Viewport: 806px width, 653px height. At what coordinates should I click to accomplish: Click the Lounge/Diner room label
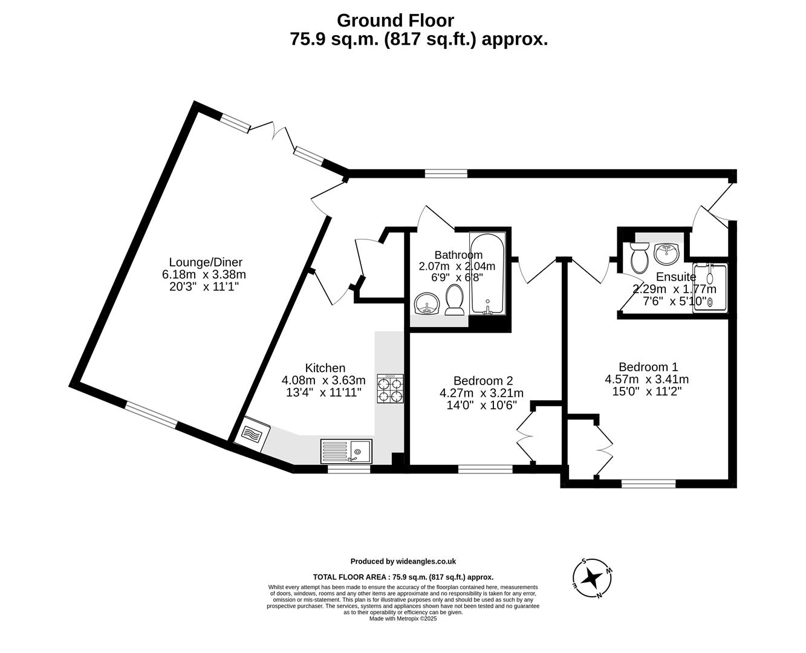(x=205, y=262)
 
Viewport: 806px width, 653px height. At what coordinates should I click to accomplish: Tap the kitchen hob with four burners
(x=390, y=389)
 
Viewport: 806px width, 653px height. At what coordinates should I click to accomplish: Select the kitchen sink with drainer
(x=347, y=451)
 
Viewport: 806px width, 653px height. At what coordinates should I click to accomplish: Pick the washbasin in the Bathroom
(x=427, y=304)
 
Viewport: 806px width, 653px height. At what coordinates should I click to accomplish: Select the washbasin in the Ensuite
(x=668, y=253)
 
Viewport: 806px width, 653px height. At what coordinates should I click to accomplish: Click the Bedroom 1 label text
(x=648, y=366)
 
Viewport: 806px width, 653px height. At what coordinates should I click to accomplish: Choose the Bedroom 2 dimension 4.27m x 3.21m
(x=481, y=393)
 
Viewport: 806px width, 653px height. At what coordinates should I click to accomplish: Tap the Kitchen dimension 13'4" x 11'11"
(x=323, y=392)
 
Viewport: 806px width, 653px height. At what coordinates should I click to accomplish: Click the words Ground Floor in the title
(x=395, y=21)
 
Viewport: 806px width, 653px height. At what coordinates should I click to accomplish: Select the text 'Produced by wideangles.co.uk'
(x=403, y=561)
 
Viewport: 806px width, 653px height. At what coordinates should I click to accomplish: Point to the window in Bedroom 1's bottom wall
(x=648, y=483)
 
